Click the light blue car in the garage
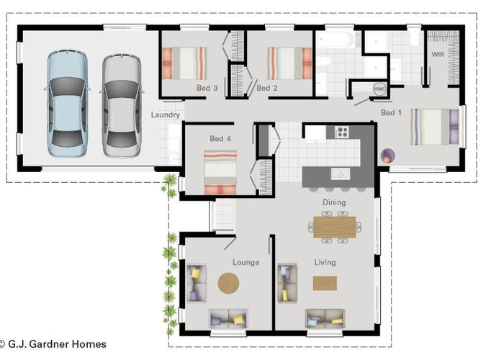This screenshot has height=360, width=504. click(67, 104)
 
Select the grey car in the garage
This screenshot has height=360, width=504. click(119, 104)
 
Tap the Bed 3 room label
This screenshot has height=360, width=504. click(207, 88)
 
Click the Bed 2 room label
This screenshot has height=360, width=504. click(266, 88)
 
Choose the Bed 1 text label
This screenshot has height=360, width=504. click(392, 113)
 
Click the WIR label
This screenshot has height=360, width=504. click(438, 55)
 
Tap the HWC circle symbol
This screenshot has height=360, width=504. click(379, 89)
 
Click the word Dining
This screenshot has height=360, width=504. click(333, 203)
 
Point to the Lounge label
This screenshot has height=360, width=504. click(246, 263)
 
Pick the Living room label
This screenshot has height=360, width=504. click(325, 263)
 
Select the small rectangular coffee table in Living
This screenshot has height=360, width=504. click(325, 283)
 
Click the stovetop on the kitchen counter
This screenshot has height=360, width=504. click(341, 132)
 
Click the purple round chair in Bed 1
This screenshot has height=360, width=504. click(387, 155)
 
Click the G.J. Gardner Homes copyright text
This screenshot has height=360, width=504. click(53, 344)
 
